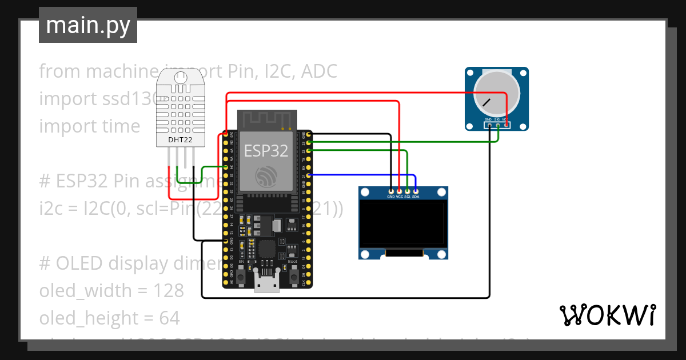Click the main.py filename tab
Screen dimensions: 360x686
coord(87,26)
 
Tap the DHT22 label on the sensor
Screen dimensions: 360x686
coord(180,139)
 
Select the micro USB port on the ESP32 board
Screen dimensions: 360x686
coord(267,283)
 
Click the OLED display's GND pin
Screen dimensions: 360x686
coord(391,191)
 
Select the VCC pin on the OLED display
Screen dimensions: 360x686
coord(399,191)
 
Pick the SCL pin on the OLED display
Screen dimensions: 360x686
coord(407,191)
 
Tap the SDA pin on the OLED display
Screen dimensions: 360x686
coord(416,191)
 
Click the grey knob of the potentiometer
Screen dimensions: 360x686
coord(496,94)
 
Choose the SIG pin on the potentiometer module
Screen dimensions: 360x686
coord(497,125)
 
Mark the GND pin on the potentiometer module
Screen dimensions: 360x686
coord(489,125)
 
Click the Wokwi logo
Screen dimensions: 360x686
coord(607,315)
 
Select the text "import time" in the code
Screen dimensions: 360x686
coord(89,126)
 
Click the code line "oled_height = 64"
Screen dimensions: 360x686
coord(109,318)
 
